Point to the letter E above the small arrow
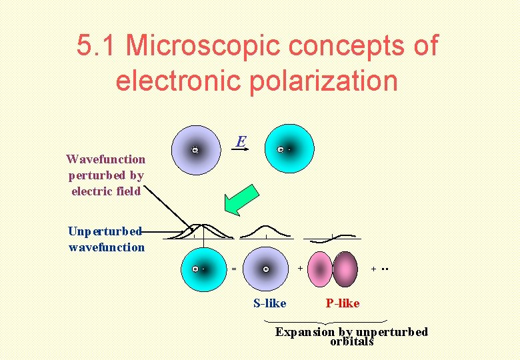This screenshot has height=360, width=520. pyautogui.click(x=241, y=141)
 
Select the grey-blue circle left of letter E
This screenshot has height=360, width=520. pyautogui.click(x=195, y=150)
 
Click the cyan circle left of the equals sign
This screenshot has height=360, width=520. pyautogui.click(x=203, y=269)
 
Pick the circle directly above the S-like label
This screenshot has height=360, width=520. pyautogui.click(x=267, y=269)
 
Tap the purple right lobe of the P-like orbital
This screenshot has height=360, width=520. pyautogui.click(x=345, y=269)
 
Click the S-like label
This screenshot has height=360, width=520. pyautogui.click(x=269, y=303)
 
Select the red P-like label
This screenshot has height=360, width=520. pyautogui.click(x=342, y=303)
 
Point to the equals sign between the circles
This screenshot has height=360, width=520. pyautogui.click(x=233, y=269)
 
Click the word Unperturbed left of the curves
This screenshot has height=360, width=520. pyautogui.click(x=105, y=231)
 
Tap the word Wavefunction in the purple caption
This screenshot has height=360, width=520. pyautogui.click(x=105, y=159)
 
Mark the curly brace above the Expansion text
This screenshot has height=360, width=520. pyautogui.click(x=331, y=321)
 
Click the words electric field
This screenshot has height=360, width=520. pyautogui.click(x=106, y=191)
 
